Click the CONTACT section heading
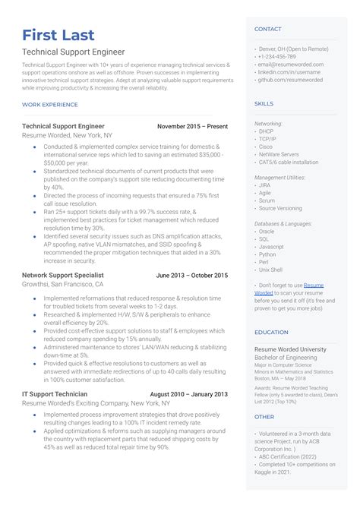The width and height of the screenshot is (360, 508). (268, 29)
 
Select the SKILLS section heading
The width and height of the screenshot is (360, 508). (264, 103)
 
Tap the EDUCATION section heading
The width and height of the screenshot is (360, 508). (271, 332)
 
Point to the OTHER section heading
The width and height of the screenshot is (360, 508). (264, 416)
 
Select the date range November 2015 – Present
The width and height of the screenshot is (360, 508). (192, 125)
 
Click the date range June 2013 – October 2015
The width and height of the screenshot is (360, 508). (191, 275)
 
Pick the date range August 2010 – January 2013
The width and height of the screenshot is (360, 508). (188, 394)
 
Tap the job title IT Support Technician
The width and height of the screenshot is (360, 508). (55, 394)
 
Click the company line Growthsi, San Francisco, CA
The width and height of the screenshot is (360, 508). (62, 284)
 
